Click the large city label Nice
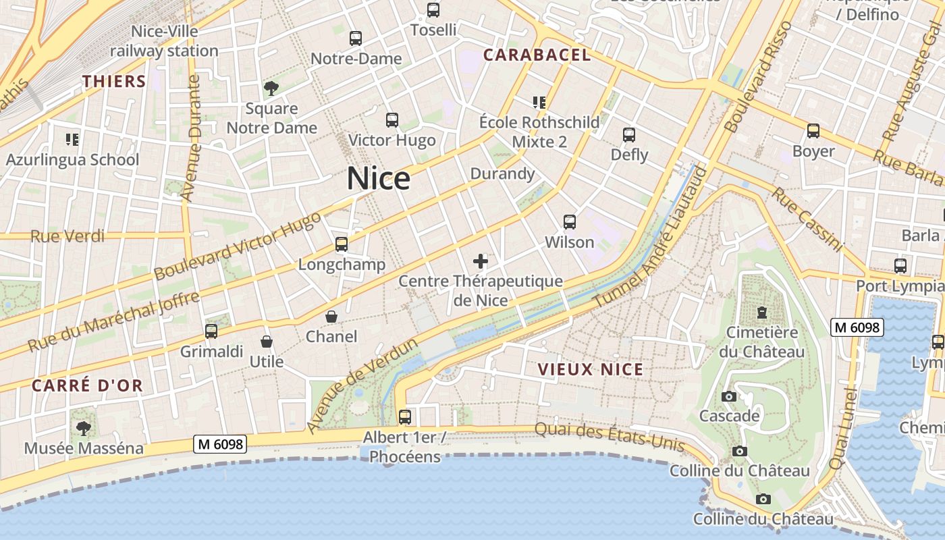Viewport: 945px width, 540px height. coord(378,179)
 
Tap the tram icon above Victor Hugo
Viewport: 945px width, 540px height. coord(392,120)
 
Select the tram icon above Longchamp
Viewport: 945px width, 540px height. coord(342,244)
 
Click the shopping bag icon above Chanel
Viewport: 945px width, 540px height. coord(331,317)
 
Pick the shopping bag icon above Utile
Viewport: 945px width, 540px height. coord(267,342)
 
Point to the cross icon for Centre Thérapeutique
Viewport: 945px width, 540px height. coord(481,261)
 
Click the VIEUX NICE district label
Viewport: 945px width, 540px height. coord(591,369)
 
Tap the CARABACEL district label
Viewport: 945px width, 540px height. coord(537,55)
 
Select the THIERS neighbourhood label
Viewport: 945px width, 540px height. coord(114,82)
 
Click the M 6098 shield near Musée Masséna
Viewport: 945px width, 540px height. coord(220,444)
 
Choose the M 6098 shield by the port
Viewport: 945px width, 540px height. coord(857,327)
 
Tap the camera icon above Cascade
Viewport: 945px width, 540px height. coord(729,396)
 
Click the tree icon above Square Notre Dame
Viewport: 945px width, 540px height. coord(271,88)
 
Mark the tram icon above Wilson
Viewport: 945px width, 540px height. coord(569,222)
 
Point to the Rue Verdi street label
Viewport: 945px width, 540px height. coord(67,236)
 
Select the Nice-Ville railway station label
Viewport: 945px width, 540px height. coord(164,41)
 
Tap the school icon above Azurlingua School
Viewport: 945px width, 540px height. coord(72,140)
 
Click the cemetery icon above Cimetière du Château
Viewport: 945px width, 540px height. coord(761,313)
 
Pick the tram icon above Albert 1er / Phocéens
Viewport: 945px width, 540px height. coord(405,417)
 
